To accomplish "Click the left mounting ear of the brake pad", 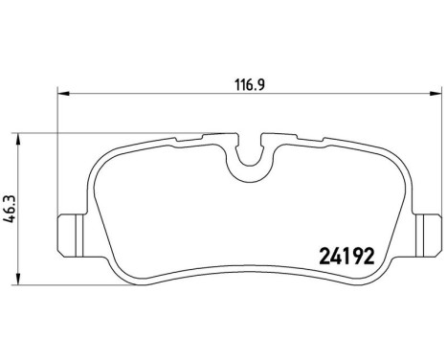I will click(x=68, y=232).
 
